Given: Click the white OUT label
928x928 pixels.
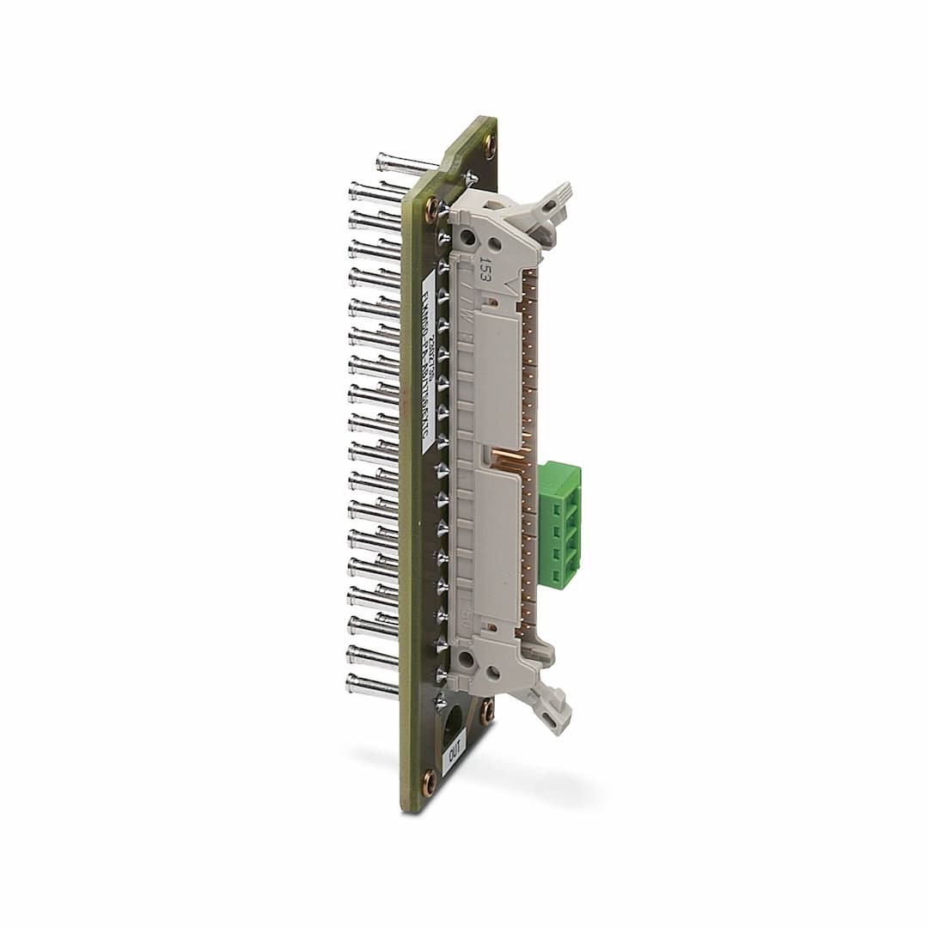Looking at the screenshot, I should [454, 755].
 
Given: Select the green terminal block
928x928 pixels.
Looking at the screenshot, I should [559, 524].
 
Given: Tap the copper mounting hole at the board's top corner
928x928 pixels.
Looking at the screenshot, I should [489, 143].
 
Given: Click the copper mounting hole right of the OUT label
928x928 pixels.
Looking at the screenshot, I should [487, 711].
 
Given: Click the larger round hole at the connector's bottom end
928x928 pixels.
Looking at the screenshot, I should [467, 660].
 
